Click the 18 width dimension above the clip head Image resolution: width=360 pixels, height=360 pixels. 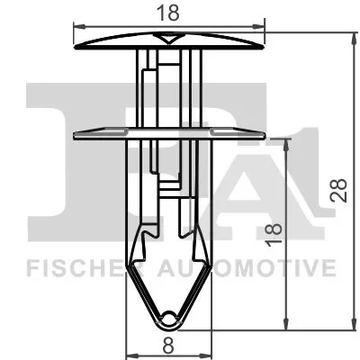coord(169,12)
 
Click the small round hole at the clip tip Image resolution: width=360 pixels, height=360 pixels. coord(170,316)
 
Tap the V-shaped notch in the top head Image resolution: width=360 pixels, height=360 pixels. coord(168,38)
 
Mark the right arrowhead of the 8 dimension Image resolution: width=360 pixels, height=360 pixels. coord(211,353)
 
